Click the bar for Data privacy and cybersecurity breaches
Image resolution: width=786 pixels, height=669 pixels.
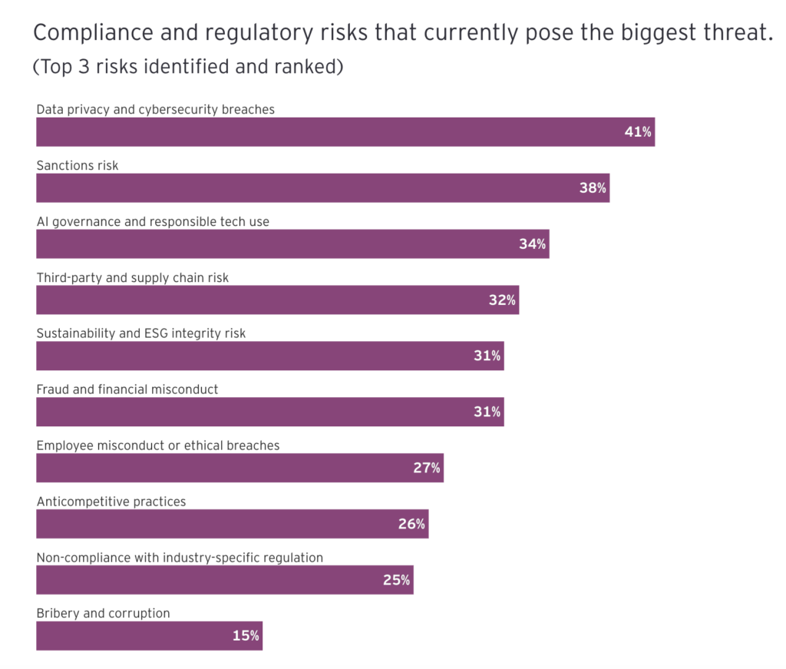[x=345, y=132]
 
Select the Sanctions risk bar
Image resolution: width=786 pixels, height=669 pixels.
[x=322, y=188]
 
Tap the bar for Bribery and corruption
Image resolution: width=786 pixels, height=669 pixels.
[x=149, y=636]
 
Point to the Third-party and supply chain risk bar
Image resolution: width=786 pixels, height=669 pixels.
[x=277, y=300]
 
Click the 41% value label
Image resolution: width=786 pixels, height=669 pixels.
[x=638, y=132]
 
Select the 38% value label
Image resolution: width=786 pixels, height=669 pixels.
[x=593, y=188]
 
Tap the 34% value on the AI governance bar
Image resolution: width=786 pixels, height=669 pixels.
[x=532, y=244]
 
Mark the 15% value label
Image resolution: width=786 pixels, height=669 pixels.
[x=246, y=636]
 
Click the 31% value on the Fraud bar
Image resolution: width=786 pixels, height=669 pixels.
[x=487, y=412]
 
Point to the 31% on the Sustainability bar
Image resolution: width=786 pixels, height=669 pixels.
[x=487, y=356]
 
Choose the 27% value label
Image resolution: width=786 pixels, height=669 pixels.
[x=427, y=468]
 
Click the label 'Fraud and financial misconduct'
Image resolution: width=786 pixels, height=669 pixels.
[x=127, y=389]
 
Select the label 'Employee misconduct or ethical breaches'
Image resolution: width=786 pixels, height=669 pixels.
[x=158, y=445]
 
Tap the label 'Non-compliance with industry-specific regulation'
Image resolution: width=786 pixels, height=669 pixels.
[x=180, y=558]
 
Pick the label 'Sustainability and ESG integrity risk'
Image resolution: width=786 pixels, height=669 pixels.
[x=141, y=333]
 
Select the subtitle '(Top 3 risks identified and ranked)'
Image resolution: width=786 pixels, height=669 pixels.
[x=187, y=67]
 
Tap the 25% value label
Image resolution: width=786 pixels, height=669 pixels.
[x=396, y=580]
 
